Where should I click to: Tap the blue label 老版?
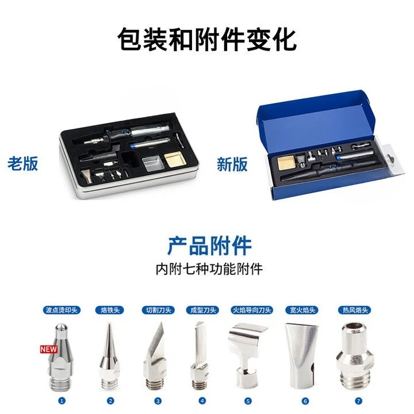[x=23, y=163]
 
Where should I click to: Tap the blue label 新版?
[x=232, y=164]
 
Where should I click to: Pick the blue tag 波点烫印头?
[x=62, y=310]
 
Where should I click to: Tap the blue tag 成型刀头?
[x=202, y=310]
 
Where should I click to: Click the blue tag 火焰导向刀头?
[x=251, y=310]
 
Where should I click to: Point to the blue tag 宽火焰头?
[x=301, y=310]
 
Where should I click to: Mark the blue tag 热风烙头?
[x=352, y=310]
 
